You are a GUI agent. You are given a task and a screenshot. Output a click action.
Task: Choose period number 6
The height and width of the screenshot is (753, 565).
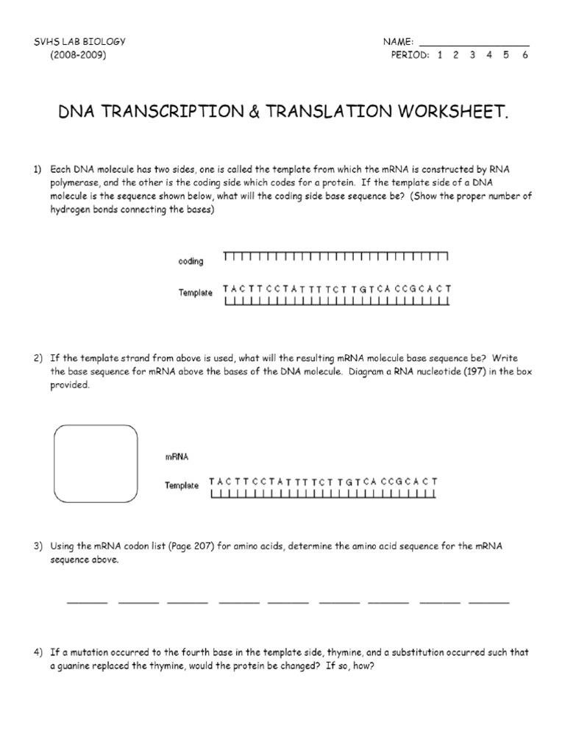coord(525,55)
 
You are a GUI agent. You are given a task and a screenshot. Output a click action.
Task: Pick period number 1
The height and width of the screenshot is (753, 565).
coord(439,55)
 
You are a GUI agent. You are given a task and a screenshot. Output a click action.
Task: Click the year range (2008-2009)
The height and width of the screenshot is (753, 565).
coord(78,55)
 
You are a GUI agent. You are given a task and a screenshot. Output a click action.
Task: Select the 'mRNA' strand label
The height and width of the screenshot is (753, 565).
coord(177,457)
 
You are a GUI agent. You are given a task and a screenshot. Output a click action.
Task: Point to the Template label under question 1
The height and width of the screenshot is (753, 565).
coord(195,293)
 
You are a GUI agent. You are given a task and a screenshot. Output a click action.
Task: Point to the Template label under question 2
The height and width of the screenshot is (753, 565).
coord(182,486)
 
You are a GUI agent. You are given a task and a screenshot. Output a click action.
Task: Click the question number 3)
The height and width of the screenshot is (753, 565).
coord(38,546)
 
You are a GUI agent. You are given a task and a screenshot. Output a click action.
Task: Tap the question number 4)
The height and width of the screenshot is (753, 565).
coord(38,652)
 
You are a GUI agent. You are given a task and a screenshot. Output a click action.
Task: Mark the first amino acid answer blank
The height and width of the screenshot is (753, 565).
coord(87,602)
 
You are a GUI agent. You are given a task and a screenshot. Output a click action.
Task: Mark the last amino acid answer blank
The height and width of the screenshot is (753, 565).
coord(488,602)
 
